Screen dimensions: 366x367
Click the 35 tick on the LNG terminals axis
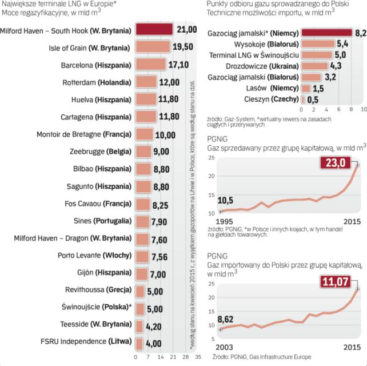[x=198, y=357]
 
